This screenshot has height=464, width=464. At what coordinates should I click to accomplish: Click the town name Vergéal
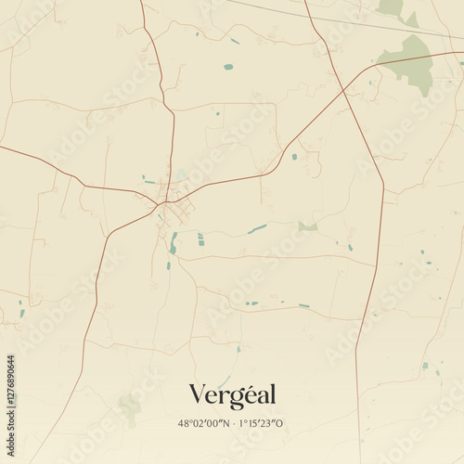click(232, 394)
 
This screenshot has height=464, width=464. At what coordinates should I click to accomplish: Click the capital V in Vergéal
click(197, 394)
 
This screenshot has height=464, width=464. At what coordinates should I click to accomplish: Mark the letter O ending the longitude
click(281, 423)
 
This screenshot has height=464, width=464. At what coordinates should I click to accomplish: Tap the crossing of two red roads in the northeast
click(343, 89)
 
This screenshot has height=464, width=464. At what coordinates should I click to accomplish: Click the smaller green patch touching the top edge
click(392, 7)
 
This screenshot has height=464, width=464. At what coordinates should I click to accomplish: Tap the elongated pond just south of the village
click(173, 243)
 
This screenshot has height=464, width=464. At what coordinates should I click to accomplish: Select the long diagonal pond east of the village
click(257, 228)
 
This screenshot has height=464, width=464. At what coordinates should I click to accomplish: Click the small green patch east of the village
click(308, 226)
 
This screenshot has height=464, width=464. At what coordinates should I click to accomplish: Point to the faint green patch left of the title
click(131, 405)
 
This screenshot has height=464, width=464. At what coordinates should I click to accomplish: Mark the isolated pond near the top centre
click(228, 67)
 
